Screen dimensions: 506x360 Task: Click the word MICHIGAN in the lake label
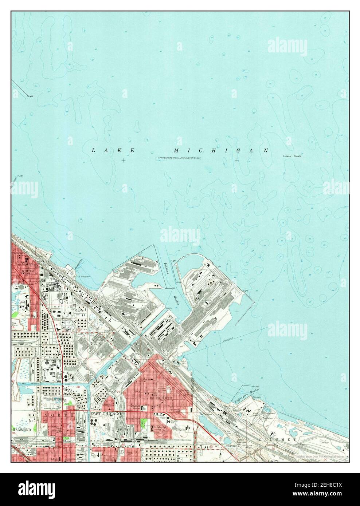pyautogui.click(x=221, y=150)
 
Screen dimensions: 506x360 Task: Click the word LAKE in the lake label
pyautogui.click(x=113, y=150)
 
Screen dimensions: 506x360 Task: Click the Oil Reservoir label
pyautogui.click(x=83, y=276)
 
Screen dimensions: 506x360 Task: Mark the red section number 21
pyautogui.click(x=119, y=392)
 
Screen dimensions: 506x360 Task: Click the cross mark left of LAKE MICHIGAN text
pyautogui.click(x=124, y=160)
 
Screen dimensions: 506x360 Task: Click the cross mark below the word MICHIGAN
pyautogui.click(x=237, y=160)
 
